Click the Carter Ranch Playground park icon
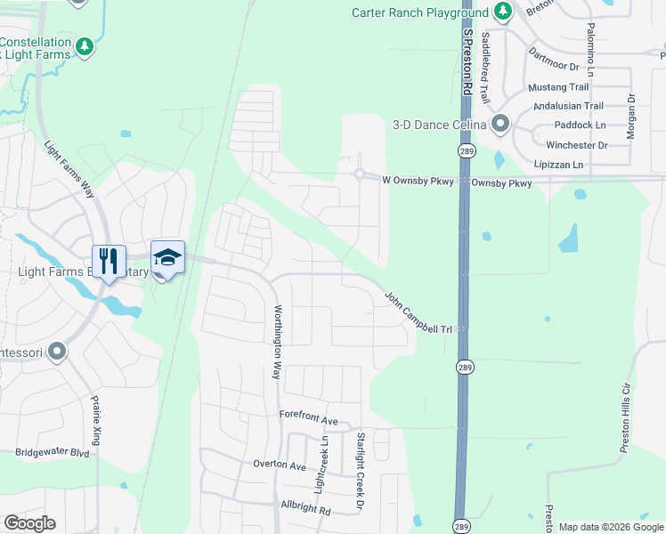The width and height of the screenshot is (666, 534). (503, 12)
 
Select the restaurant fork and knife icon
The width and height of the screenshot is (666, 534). (109, 260)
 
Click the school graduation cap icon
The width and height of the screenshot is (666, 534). (167, 258)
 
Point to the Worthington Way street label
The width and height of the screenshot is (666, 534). (278, 343)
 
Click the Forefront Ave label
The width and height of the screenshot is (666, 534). (309, 419)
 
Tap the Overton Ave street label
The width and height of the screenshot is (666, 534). (279, 465)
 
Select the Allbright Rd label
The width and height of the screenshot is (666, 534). (305, 511)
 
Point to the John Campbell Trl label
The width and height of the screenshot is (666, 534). (418, 312)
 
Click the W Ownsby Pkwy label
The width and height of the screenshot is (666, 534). (418, 181)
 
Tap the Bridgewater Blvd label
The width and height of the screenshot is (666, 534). (53, 452)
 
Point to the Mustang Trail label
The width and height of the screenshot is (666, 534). (558, 87)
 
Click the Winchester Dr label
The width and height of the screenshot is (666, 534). (576, 145)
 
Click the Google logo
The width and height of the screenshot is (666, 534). (29, 523)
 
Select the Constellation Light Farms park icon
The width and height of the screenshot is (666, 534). (85, 44)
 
